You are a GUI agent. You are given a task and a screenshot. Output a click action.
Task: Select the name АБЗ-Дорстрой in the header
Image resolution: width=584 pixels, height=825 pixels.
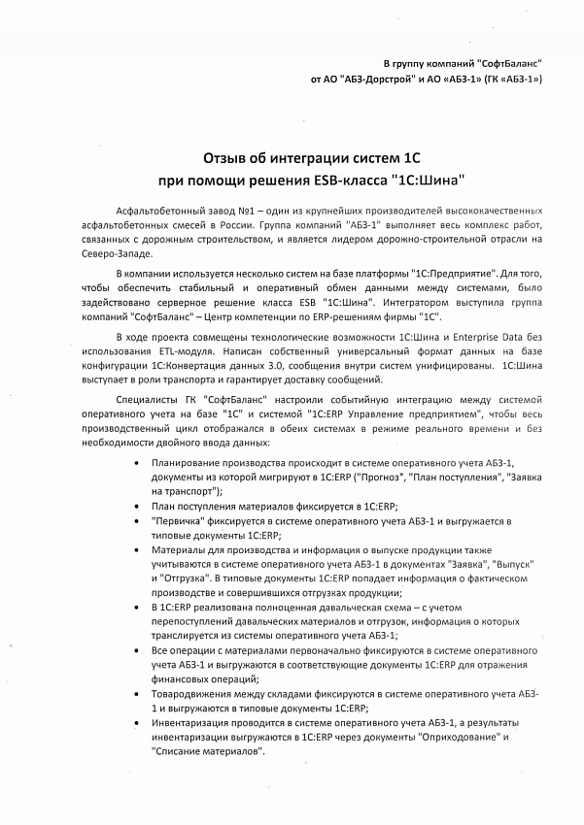[375, 77]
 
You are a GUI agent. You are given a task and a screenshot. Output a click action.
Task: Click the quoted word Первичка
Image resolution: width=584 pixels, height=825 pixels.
[177, 520]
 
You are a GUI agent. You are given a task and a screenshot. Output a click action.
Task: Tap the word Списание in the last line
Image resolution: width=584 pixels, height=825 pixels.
[178, 752]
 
